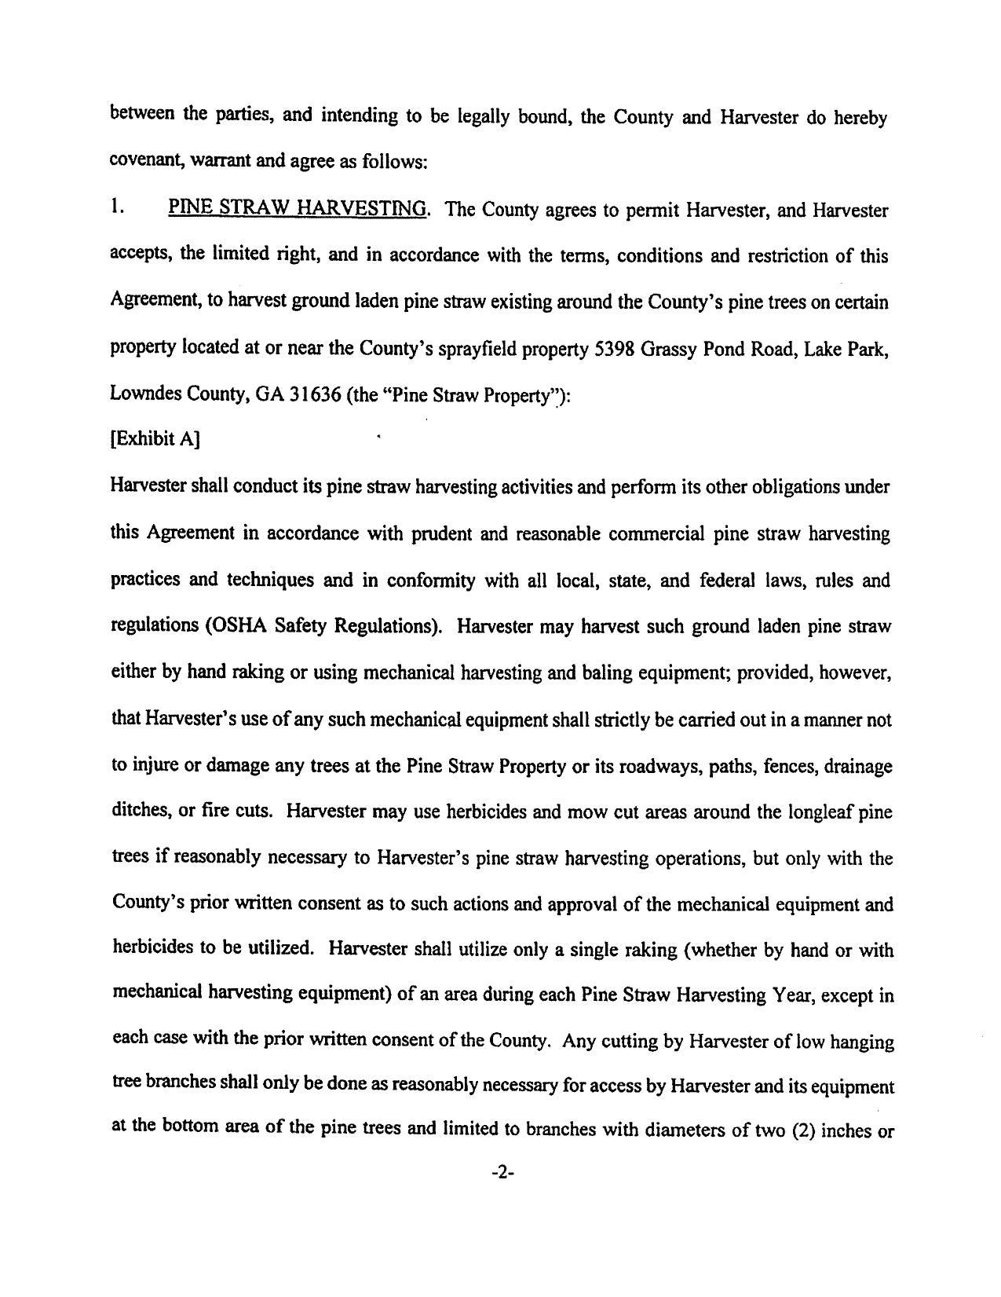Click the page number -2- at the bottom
pos(502,1174)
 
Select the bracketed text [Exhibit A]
pos(155,439)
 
